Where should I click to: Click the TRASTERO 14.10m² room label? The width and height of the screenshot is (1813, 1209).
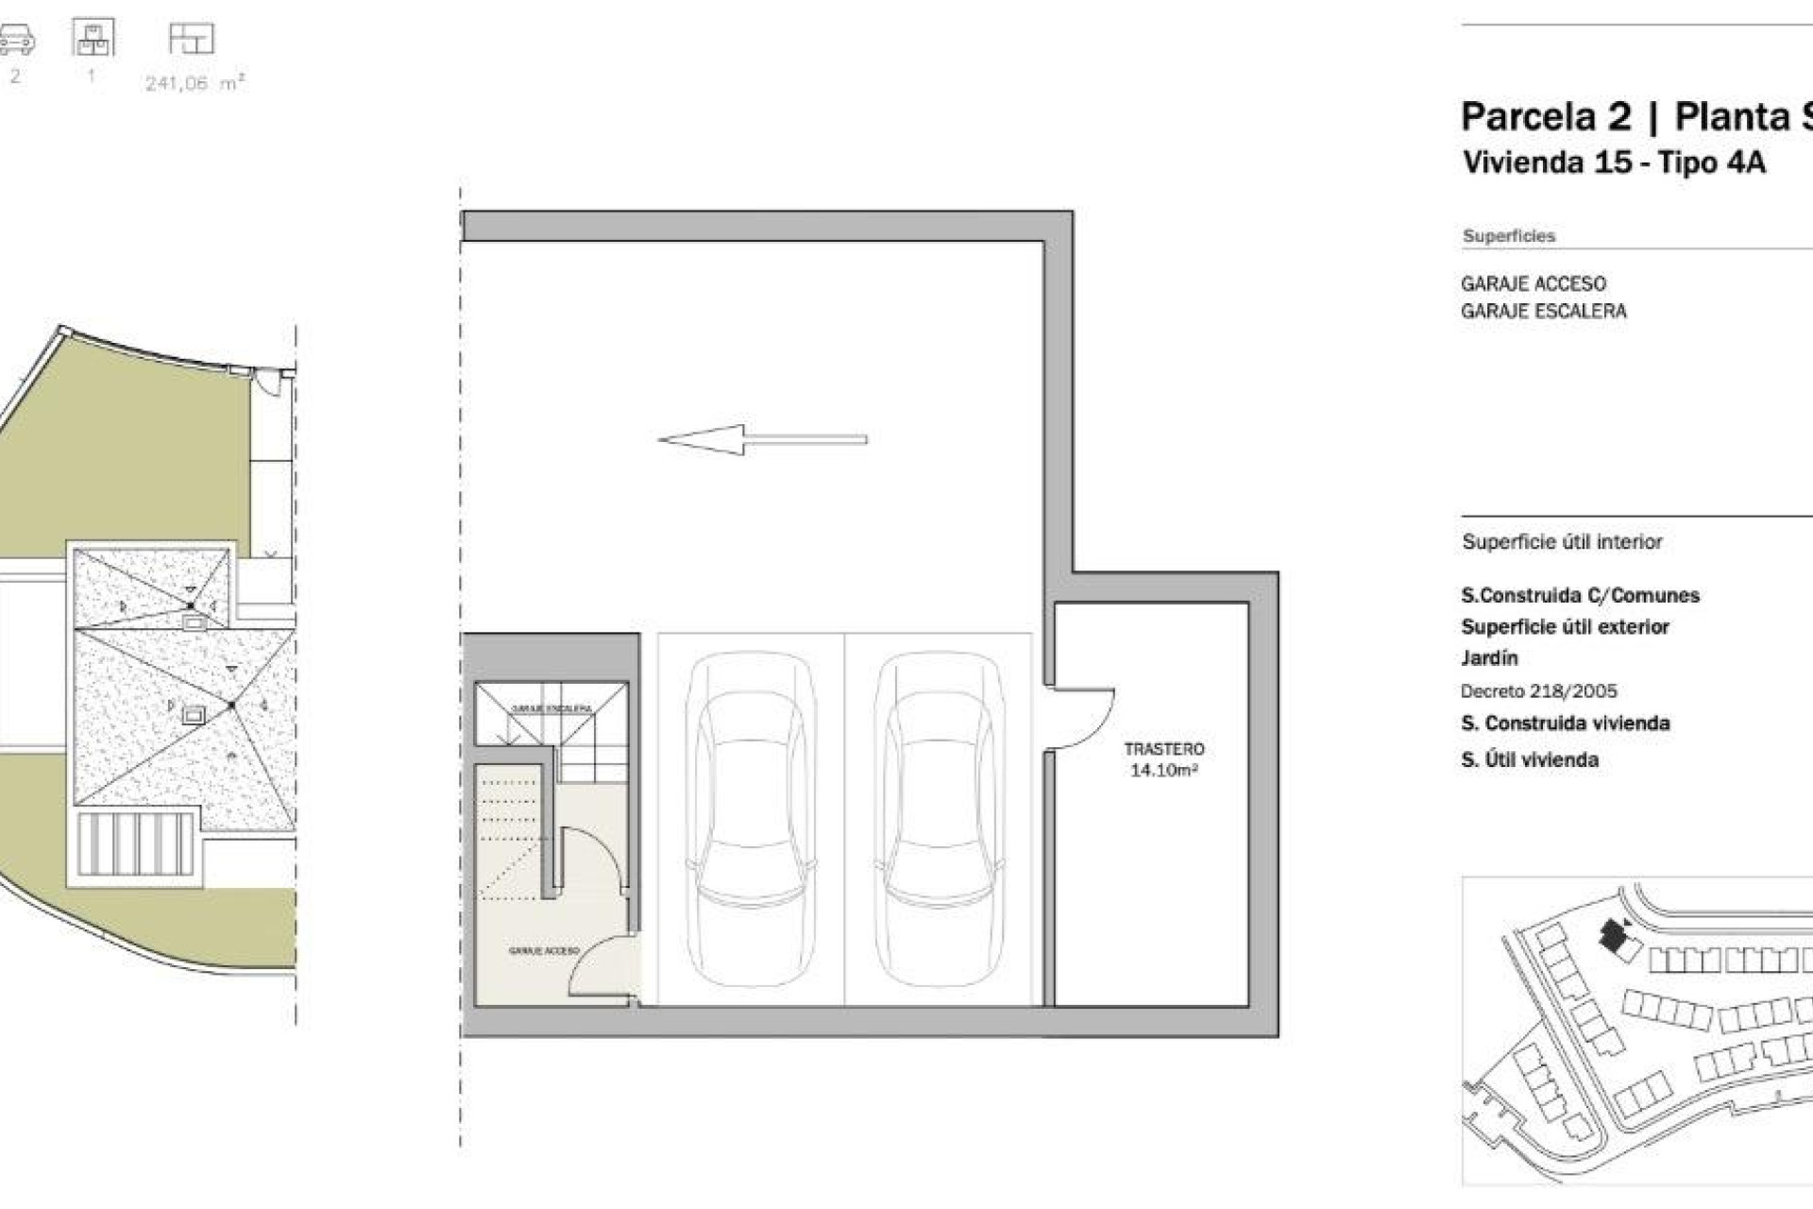pos(1163,759)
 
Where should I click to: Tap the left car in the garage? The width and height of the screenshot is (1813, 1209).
pos(751,818)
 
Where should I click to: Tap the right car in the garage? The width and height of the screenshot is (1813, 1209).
pos(938,818)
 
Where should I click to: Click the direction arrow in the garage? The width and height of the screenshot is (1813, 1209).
pos(761,439)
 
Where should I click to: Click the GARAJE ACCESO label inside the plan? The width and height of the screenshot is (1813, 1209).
pos(543,951)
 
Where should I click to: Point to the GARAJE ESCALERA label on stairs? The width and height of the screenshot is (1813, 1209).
pos(551,708)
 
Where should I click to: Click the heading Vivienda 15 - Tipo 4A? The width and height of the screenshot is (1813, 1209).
pos(1613,162)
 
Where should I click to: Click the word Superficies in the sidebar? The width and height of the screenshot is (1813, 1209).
pos(1508,236)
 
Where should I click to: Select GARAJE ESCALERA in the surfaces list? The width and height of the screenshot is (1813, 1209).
pos(1543,312)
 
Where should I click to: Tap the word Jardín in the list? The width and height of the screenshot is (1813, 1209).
pos(1489,658)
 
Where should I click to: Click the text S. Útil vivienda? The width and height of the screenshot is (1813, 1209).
pos(1529,760)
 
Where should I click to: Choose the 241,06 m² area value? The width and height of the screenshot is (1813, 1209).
pos(195,83)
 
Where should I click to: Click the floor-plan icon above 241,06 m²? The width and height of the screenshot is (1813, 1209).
pos(192,39)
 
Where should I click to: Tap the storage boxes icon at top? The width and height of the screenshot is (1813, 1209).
pos(93,38)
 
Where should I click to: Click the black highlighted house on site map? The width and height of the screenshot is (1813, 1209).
pos(1613,936)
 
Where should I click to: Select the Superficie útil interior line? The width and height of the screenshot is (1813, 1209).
pos(1562,542)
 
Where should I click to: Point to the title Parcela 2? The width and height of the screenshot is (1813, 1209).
pos(1545,117)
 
